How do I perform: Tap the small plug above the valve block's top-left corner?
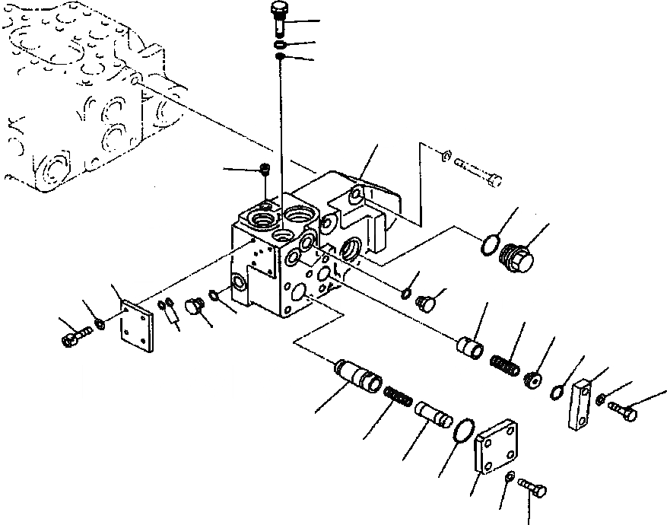[x=265, y=170]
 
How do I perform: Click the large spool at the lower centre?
[x=359, y=376]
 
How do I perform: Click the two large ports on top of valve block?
[x=281, y=220]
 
